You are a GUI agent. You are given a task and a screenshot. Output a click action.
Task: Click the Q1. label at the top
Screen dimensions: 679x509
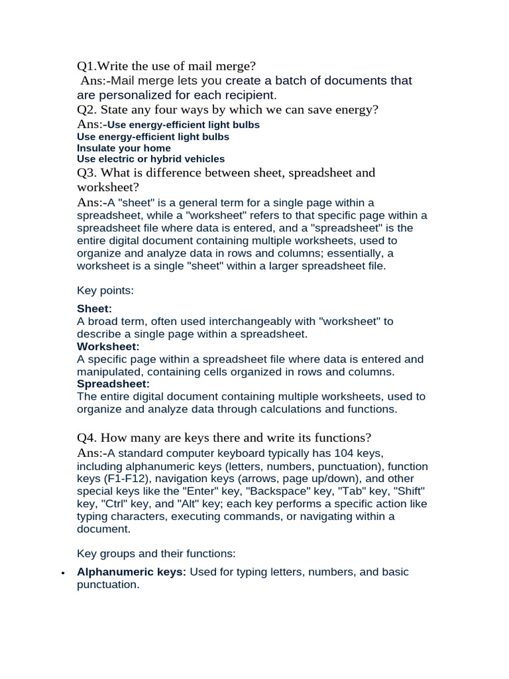87,66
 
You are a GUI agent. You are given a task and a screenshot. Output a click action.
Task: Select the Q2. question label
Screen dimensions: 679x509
87,109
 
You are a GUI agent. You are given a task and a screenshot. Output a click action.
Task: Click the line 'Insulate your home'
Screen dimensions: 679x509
124,148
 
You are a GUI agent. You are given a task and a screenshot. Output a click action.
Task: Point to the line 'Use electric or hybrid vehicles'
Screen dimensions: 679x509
151,159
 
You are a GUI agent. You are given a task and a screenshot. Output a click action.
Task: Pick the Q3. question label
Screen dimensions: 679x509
87,172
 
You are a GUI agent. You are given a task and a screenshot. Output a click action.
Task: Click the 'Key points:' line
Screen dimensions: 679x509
105,290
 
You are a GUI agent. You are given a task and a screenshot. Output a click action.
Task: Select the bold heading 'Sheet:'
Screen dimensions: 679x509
94,309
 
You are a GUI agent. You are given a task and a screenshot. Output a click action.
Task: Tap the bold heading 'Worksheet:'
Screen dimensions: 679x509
108,347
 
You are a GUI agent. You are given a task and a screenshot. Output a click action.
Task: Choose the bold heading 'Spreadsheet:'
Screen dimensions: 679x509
113,384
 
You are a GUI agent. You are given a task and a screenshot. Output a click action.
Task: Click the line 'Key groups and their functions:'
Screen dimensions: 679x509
156,553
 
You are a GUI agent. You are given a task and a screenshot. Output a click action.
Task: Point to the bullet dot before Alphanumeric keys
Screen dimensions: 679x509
62,573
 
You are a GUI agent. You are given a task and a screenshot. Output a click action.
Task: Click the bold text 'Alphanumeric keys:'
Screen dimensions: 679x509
131,572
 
